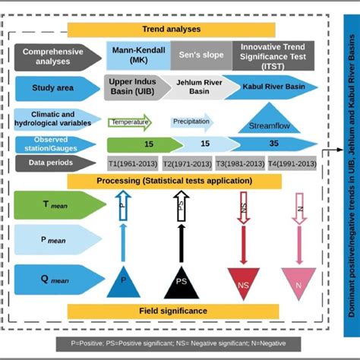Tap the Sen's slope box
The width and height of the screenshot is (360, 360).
[x=201, y=55]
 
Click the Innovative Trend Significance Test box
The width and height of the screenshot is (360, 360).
[x=273, y=55]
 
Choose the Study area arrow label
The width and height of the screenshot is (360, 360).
[x=55, y=88]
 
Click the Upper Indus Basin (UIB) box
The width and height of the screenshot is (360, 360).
[x=137, y=87]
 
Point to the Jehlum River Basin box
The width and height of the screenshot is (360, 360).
[x=199, y=87]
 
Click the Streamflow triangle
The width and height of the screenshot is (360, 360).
[x=264, y=122]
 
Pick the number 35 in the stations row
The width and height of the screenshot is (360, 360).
[x=273, y=144]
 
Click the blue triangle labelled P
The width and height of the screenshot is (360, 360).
[x=123, y=282]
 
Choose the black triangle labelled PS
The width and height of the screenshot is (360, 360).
[x=182, y=283]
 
